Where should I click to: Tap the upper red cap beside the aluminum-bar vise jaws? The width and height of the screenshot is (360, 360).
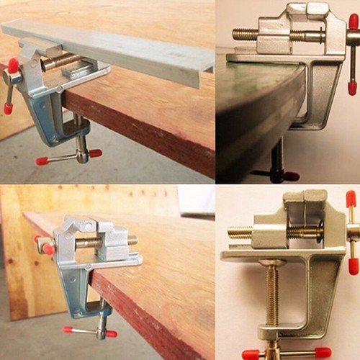[13, 66]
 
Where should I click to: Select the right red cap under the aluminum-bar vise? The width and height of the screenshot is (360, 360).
[95, 153]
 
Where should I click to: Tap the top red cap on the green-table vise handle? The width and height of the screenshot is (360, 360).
[353, 22]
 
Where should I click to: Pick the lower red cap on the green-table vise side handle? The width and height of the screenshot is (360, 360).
[352, 88]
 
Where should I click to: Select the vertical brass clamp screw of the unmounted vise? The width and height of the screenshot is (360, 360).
[272, 295]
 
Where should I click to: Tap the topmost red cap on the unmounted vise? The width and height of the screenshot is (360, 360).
[351, 199]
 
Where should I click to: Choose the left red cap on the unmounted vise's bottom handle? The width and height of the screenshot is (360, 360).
[251, 354]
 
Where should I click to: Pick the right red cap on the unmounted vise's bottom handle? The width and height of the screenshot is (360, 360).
[323, 353]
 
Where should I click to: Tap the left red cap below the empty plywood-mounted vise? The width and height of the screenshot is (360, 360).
[68, 330]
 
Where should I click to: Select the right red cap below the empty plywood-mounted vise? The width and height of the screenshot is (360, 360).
[111, 333]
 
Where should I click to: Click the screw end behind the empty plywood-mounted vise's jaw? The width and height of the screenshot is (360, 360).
[132, 240]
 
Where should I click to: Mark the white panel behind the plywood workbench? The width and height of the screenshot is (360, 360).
[197, 201]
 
